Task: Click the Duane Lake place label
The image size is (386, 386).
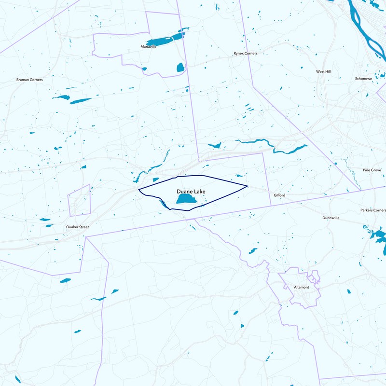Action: [191, 192]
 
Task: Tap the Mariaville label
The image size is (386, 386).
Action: [148, 47]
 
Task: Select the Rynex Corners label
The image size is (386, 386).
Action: [245, 54]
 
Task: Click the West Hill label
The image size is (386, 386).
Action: [323, 71]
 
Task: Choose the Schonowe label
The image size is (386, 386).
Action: [363, 78]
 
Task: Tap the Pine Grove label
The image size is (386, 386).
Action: [372, 170]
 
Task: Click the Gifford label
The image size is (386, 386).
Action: [279, 195]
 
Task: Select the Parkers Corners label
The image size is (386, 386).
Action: [373, 210]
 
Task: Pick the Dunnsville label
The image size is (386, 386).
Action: [331, 218]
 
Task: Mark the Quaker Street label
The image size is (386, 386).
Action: [77, 226]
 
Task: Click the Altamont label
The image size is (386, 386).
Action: [302, 287]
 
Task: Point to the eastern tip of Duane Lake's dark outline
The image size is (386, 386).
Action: [248, 186]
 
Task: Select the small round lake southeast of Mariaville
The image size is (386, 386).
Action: [180, 67]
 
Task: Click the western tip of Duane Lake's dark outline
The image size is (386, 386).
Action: [139, 189]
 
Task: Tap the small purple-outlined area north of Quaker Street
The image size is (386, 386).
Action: [80, 200]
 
